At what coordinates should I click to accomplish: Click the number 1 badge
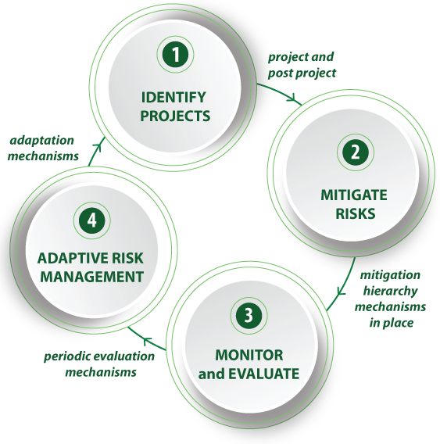click(176, 55)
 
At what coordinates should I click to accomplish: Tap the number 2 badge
click(356, 152)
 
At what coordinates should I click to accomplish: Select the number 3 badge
click(249, 315)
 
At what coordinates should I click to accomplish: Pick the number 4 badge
click(91, 220)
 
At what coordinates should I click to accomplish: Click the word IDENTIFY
click(173, 98)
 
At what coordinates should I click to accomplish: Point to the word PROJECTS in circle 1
click(175, 116)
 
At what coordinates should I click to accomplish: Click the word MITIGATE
click(354, 195)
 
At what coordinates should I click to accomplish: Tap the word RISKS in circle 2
click(355, 213)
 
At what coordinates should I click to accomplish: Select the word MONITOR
click(249, 355)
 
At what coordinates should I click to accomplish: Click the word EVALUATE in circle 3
click(263, 374)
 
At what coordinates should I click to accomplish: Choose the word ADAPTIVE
click(71, 258)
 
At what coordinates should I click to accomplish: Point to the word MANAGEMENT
click(91, 277)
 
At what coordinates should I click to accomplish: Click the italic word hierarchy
click(391, 292)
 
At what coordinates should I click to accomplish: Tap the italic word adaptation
click(42, 141)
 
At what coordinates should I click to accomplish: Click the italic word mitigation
click(390, 275)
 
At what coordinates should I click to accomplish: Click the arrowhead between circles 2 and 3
click(341, 291)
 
